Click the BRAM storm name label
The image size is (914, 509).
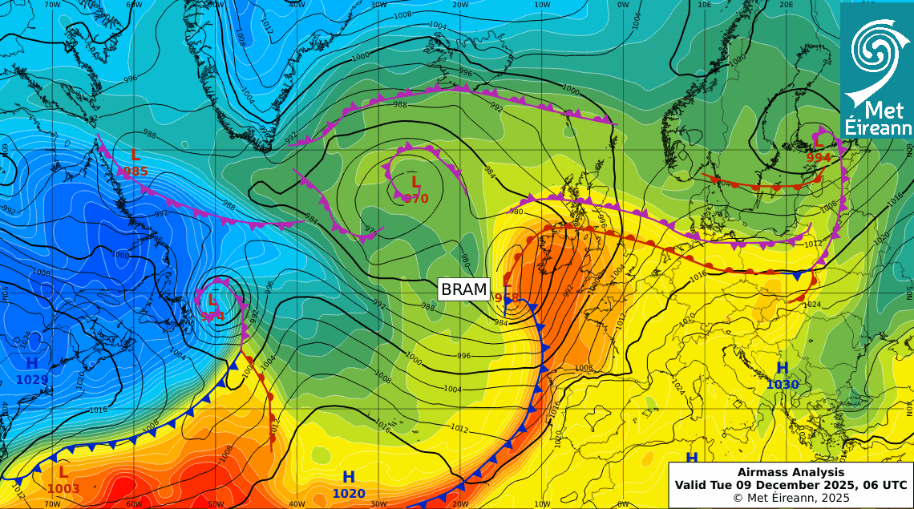click(464, 289)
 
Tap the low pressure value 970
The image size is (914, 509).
click(415, 198)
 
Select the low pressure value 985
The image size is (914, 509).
click(135, 171)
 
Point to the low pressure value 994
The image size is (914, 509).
click(819, 158)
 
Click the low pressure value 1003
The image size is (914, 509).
click(63, 488)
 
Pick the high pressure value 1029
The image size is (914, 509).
click(32, 379)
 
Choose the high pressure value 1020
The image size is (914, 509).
click(349, 494)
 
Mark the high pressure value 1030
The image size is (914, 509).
click(783, 385)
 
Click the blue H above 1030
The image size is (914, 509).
click(783, 369)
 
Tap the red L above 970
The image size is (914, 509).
click(415, 182)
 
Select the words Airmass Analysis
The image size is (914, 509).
click(791, 473)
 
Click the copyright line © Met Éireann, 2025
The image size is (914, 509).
click(791, 498)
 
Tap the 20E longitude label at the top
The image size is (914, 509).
click(787, 4)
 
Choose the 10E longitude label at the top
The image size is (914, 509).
click(705, 4)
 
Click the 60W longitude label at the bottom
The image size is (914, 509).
click(134, 504)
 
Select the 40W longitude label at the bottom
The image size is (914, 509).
click(297, 504)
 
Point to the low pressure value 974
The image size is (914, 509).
click(212, 316)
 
